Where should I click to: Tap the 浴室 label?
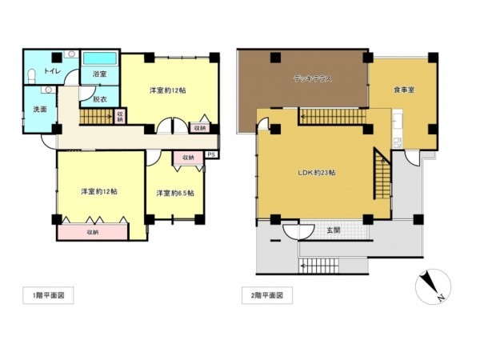[100, 74]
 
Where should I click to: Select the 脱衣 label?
[100, 99]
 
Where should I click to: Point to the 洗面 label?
[40, 109]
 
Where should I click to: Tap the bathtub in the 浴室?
[101, 59]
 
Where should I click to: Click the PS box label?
[211, 154]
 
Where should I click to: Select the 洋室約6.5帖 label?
[175, 193]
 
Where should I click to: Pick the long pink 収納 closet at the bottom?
[92, 232]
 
